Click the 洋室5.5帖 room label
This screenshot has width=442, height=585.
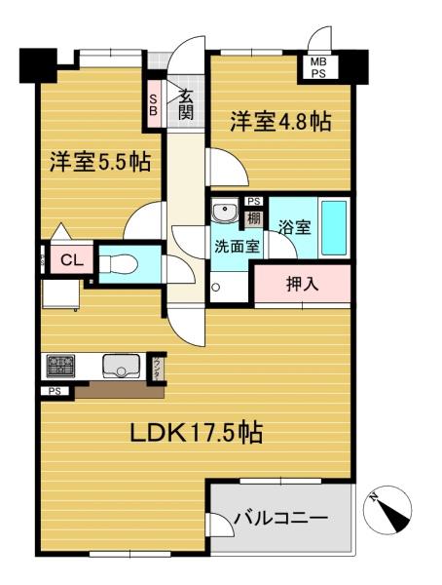(101, 160)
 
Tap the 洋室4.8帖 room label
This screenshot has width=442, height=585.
(280, 122)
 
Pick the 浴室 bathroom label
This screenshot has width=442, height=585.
(294, 228)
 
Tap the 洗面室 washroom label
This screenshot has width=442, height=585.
(237, 246)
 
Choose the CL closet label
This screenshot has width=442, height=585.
(69, 260)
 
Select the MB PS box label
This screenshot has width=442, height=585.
(319, 68)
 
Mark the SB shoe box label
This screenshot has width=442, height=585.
(153, 103)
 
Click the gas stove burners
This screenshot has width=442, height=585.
(57, 367)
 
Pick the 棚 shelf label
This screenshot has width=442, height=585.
(253, 218)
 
